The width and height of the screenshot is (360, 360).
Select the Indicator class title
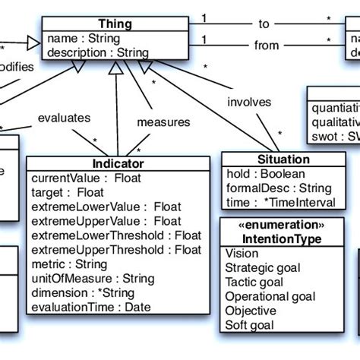118,163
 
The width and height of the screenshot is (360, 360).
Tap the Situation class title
264,159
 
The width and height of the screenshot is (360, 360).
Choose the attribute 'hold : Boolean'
260,173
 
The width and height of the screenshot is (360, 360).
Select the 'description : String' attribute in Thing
97,52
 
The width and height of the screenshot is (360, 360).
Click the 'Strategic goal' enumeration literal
263,268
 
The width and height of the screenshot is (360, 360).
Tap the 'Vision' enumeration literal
242,254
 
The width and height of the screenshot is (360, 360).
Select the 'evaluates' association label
65,118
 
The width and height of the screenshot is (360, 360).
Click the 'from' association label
267,46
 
